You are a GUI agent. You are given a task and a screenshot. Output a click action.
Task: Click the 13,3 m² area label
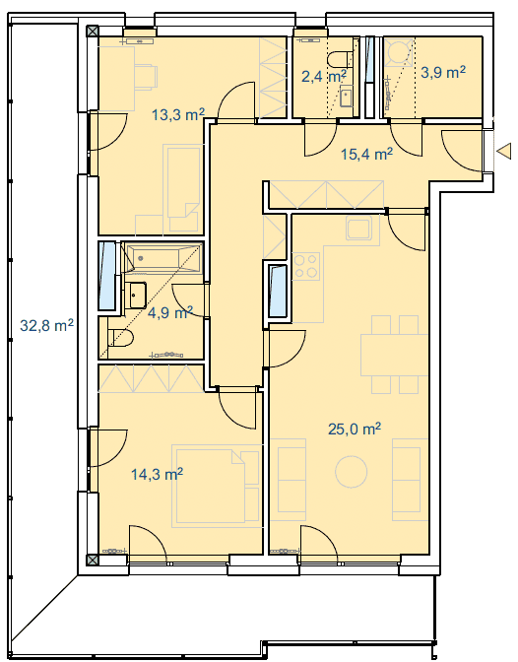tap(178, 114)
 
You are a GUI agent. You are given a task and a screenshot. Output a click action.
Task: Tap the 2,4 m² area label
tap(324, 77)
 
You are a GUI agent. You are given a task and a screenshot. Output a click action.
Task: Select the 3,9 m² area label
tap(443, 72)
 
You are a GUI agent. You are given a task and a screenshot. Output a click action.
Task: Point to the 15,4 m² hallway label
tap(366, 154)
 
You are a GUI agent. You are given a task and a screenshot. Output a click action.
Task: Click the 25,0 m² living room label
tap(355, 429)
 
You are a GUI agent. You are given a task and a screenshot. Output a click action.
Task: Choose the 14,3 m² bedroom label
tap(157, 474)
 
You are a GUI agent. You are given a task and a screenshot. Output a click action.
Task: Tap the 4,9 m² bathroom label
tap(170, 312)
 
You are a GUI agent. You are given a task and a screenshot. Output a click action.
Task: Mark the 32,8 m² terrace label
tap(47, 325)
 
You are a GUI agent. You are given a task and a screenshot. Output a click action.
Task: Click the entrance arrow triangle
tap(504, 151)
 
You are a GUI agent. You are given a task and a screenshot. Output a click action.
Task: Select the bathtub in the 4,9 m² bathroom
tap(162, 257)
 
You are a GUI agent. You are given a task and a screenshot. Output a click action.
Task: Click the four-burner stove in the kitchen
tap(306, 266)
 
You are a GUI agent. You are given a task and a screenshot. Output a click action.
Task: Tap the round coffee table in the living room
tap(352, 472)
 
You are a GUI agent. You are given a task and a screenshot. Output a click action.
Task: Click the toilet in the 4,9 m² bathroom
tap(121, 338)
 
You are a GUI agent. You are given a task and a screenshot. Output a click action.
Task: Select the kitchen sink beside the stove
tap(359, 228)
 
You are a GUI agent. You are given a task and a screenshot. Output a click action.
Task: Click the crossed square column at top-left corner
tap(92, 32)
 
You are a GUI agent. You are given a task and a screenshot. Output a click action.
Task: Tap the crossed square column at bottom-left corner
tap(92, 561)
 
